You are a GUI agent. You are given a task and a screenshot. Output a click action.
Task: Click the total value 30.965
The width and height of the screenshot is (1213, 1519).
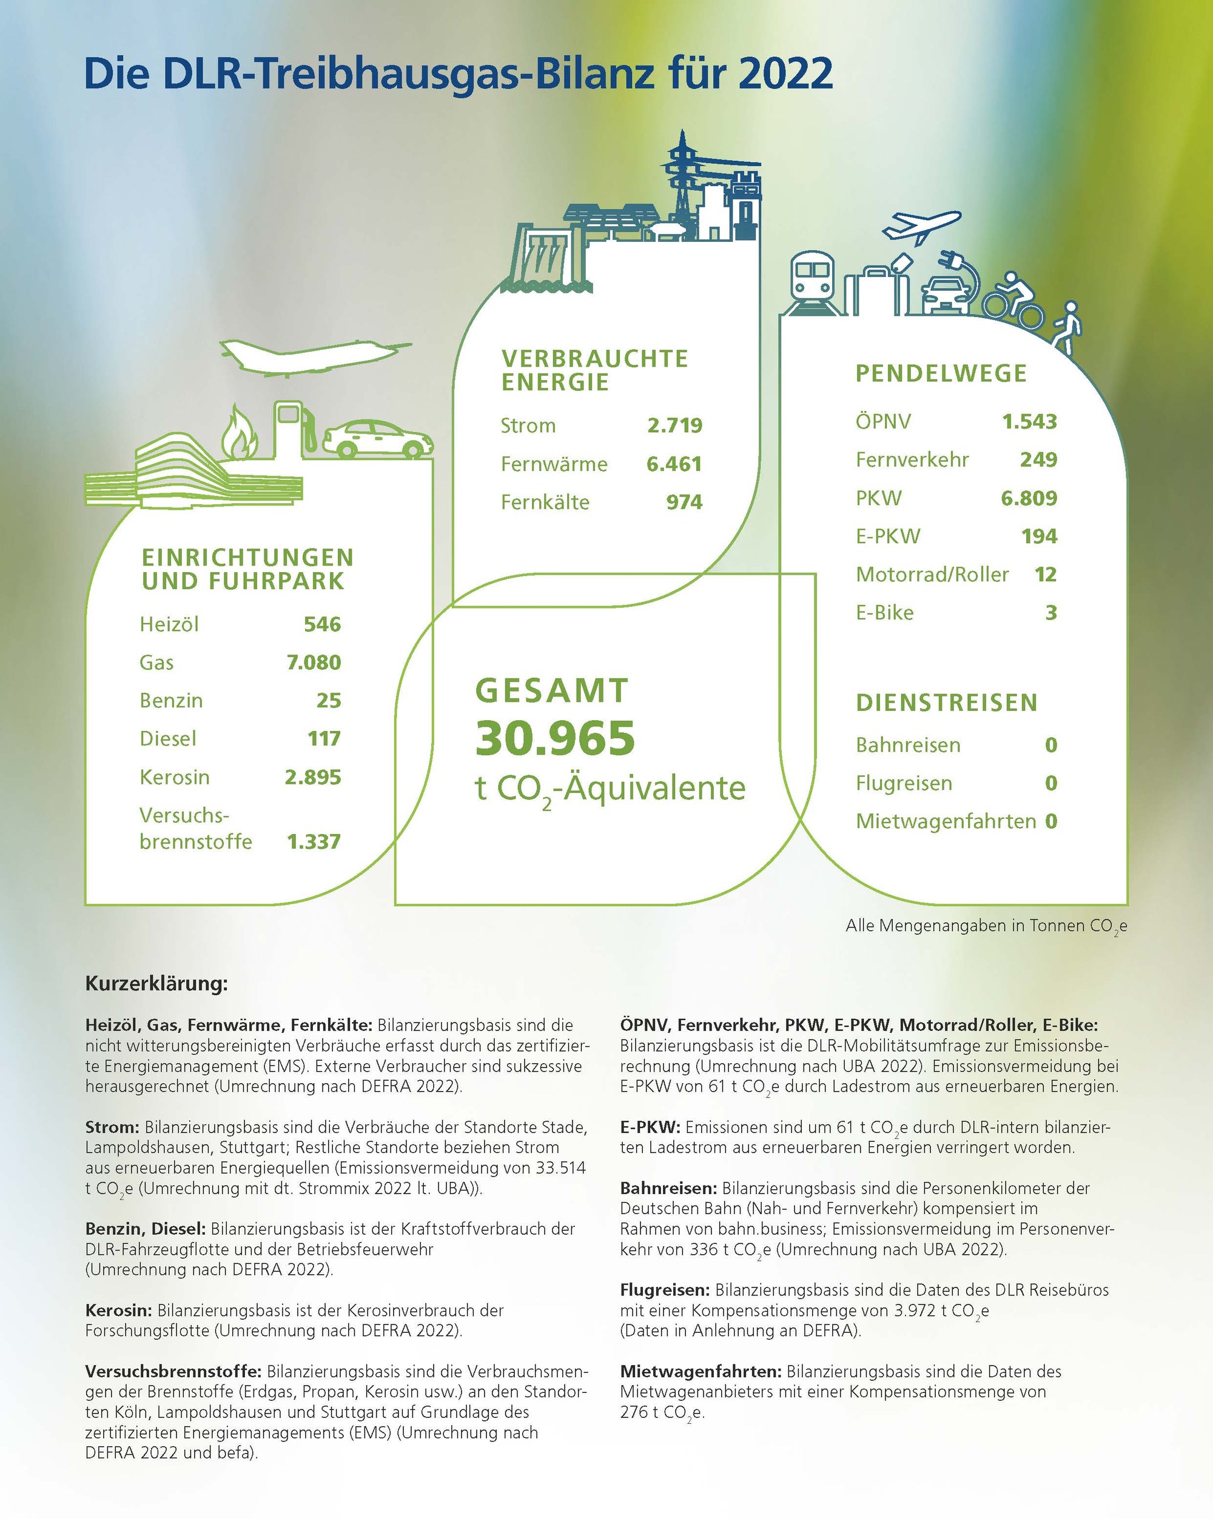click(x=555, y=738)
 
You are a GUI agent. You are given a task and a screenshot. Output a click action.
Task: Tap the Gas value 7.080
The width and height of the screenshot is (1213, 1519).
click(x=314, y=663)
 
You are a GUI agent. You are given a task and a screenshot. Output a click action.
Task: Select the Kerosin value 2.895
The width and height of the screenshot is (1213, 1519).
click(x=313, y=777)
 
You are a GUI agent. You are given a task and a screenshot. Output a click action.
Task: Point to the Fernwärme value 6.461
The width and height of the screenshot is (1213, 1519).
click(x=674, y=464)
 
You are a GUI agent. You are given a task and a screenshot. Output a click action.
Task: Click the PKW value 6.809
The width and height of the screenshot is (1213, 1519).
click(x=1029, y=498)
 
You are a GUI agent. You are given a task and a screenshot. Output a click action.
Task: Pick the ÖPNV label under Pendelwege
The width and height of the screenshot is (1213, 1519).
click(x=883, y=421)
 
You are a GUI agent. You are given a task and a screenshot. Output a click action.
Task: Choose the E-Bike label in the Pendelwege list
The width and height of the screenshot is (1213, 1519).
click(x=884, y=612)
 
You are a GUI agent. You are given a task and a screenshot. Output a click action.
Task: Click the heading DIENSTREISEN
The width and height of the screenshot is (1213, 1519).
click(x=947, y=703)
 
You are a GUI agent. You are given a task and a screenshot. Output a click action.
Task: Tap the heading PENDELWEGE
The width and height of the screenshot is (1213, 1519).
click(x=941, y=373)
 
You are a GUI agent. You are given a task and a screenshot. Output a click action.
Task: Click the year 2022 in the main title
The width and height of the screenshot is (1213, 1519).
click(x=786, y=74)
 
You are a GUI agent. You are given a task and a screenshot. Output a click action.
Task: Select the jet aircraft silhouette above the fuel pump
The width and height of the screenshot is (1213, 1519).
click(x=310, y=356)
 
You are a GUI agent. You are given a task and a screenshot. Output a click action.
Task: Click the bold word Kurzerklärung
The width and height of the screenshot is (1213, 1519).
click(x=156, y=984)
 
